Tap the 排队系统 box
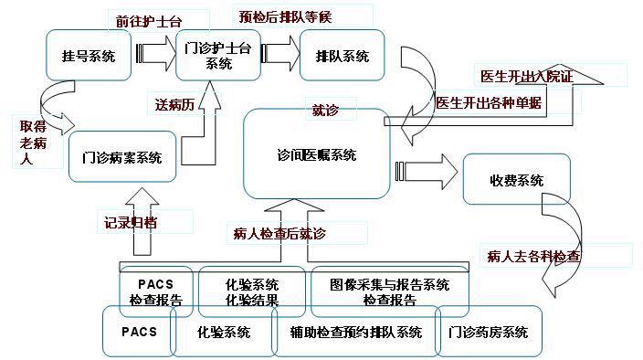click(x=343, y=56)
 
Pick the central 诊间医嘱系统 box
click(x=317, y=155)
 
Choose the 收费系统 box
click(x=517, y=179)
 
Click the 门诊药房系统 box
click(x=490, y=332)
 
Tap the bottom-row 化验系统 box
click(x=224, y=332)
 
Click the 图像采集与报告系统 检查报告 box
click(x=391, y=291)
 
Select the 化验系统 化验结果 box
click(x=252, y=291)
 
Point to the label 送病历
click(x=173, y=104)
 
